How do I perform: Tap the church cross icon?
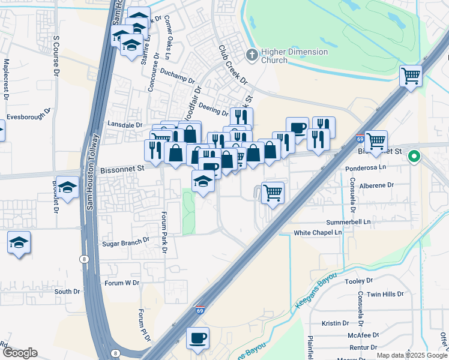click(252, 56)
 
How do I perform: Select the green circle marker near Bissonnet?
click(414, 158)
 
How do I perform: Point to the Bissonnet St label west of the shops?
click(122, 169)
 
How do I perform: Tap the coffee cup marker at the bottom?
click(197, 338)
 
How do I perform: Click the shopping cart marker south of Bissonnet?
click(273, 193)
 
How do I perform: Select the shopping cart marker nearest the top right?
click(411, 76)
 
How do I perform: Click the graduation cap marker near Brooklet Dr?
click(68, 189)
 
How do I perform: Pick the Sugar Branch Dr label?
click(125, 241)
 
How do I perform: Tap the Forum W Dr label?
click(122, 283)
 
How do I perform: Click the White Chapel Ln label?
click(318, 232)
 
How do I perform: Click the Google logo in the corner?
click(20, 353)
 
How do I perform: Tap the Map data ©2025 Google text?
click(412, 355)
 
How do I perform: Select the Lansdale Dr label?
click(124, 125)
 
